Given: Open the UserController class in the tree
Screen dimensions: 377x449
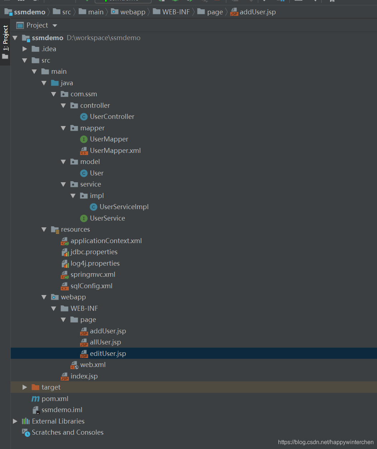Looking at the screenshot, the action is [x=112, y=117].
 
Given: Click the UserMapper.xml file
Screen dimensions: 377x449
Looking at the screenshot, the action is [x=115, y=150].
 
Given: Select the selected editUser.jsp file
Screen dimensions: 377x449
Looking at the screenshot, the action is [x=108, y=353].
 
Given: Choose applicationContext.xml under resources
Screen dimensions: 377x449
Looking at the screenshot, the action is [x=106, y=241].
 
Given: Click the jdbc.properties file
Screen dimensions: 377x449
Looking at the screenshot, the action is [x=94, y=252].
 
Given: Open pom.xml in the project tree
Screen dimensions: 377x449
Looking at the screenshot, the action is [x=55, y=399].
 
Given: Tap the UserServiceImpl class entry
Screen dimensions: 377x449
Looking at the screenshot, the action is [x=124, y=207].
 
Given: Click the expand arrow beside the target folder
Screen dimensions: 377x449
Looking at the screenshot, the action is [x=24, y=387].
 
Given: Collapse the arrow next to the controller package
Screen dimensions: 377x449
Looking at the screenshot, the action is [x=63, y=106].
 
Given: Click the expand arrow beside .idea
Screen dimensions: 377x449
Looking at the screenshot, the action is [x=24, y=49].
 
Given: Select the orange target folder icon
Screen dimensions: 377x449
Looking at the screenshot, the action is [x=35, y=387].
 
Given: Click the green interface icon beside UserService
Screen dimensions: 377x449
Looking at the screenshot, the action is [x=84, y=218].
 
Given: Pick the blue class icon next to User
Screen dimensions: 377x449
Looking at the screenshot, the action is [x=84, y=173].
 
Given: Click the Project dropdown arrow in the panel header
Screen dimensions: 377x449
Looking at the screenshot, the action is [x=55, y=25].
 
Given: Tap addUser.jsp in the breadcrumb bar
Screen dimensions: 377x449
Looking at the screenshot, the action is [x=258, y=12].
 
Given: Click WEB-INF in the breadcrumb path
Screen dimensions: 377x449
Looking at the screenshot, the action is [x=176, y=12].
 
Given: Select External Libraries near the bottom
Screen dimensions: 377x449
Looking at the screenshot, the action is [x=58, y=421].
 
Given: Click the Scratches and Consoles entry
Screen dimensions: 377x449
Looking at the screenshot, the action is [x=68, y=433].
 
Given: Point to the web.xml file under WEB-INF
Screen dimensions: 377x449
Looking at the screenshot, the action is [x=93, y=365].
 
